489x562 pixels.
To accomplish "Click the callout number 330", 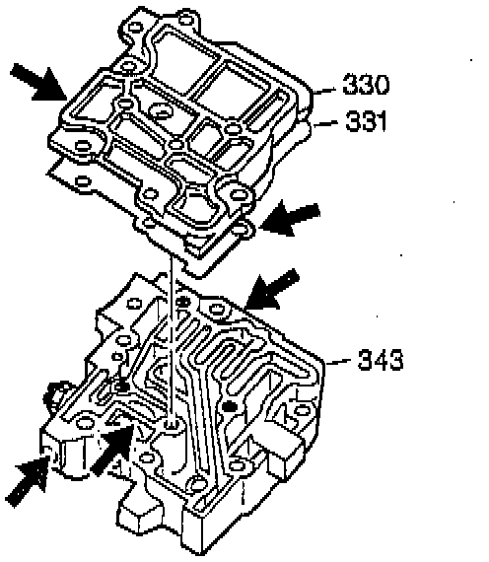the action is click(x=366, y=84).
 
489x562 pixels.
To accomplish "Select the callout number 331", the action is click(x=366, y=121).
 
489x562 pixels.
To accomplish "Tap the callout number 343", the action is click(x=381, y=360).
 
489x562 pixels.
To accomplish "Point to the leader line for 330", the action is click(x=324, y=90).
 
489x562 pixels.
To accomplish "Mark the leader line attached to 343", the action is click(x=338, y=362).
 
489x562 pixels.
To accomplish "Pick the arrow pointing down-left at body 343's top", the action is click(x=271, y=289).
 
